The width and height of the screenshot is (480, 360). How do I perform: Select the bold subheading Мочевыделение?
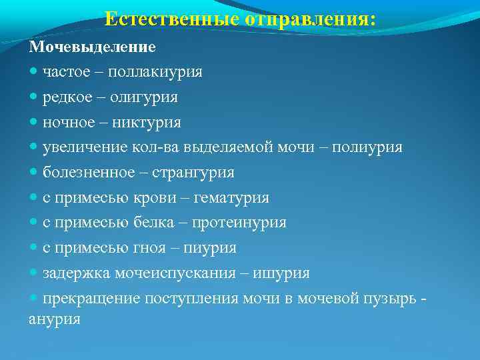92,47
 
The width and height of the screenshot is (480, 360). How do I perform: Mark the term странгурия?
193,173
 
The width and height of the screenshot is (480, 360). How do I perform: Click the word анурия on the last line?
55,319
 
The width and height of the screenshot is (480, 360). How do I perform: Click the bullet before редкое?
34,97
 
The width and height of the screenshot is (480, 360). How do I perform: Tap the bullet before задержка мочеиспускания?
34,273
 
